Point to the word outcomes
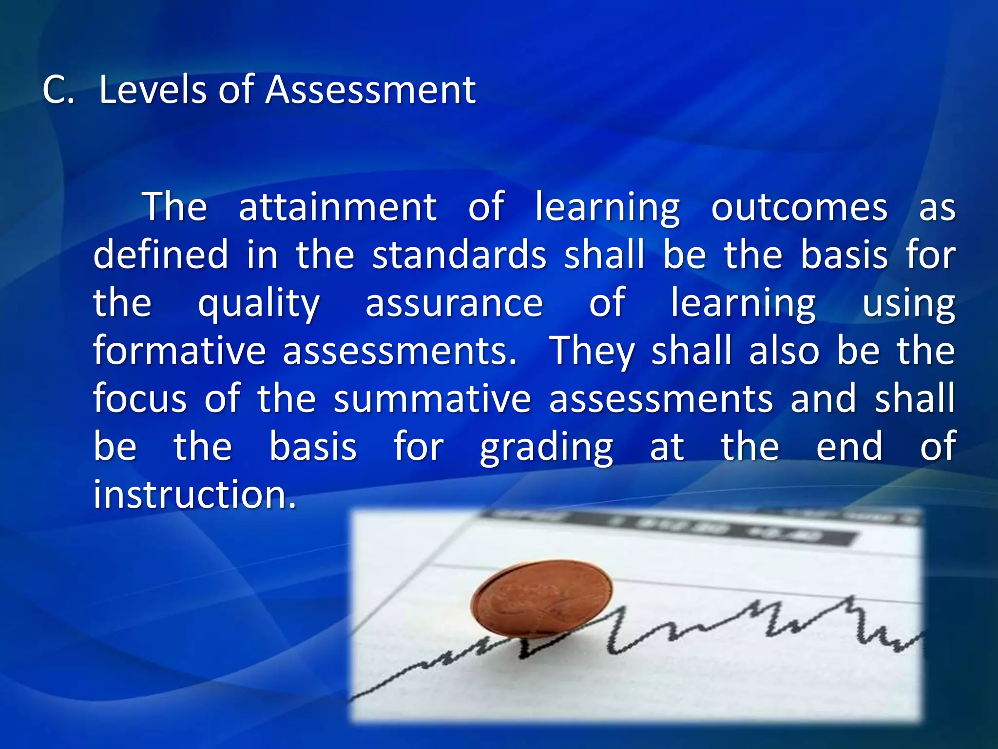[x=799, y=207]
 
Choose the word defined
[x=161, y=255]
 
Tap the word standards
[x=459, y=255]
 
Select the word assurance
[x=454, y=302]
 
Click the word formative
[x=179, y=350]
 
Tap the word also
[x=784, y=350]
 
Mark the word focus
[x=140, y=398]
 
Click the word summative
[x=432, y=398]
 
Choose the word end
[x=849, y=446]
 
